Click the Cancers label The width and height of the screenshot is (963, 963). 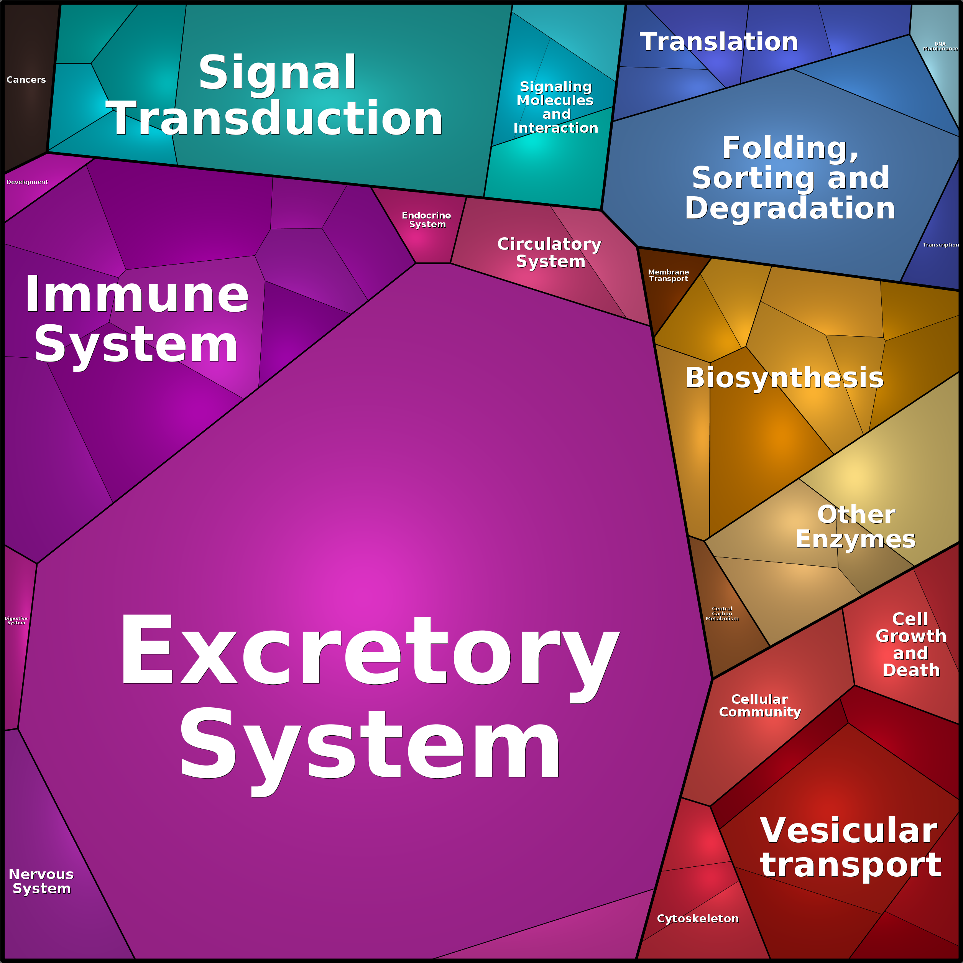(26, 80)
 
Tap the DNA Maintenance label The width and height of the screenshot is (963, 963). (940, 46)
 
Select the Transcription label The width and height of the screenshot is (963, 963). (940, 245)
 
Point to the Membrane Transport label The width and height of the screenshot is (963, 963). (669, 275)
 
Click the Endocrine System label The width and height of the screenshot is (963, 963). (427, 220)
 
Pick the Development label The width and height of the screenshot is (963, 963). (27, 182)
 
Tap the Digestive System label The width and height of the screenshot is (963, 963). (16, 621)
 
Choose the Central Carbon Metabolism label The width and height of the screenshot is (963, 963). (722, 614)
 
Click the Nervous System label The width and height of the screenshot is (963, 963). (41, 881)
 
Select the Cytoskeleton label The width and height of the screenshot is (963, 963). (698, 919)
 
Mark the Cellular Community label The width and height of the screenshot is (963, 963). (760, 705)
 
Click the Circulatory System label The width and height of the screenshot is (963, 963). (550, 253)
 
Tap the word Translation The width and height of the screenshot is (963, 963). (719, 41)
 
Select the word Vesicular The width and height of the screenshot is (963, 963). (849, 830)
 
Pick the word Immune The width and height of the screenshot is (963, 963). (136, 294)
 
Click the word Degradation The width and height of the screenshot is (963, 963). (790, 208)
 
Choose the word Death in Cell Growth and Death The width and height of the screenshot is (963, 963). (911, 670)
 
